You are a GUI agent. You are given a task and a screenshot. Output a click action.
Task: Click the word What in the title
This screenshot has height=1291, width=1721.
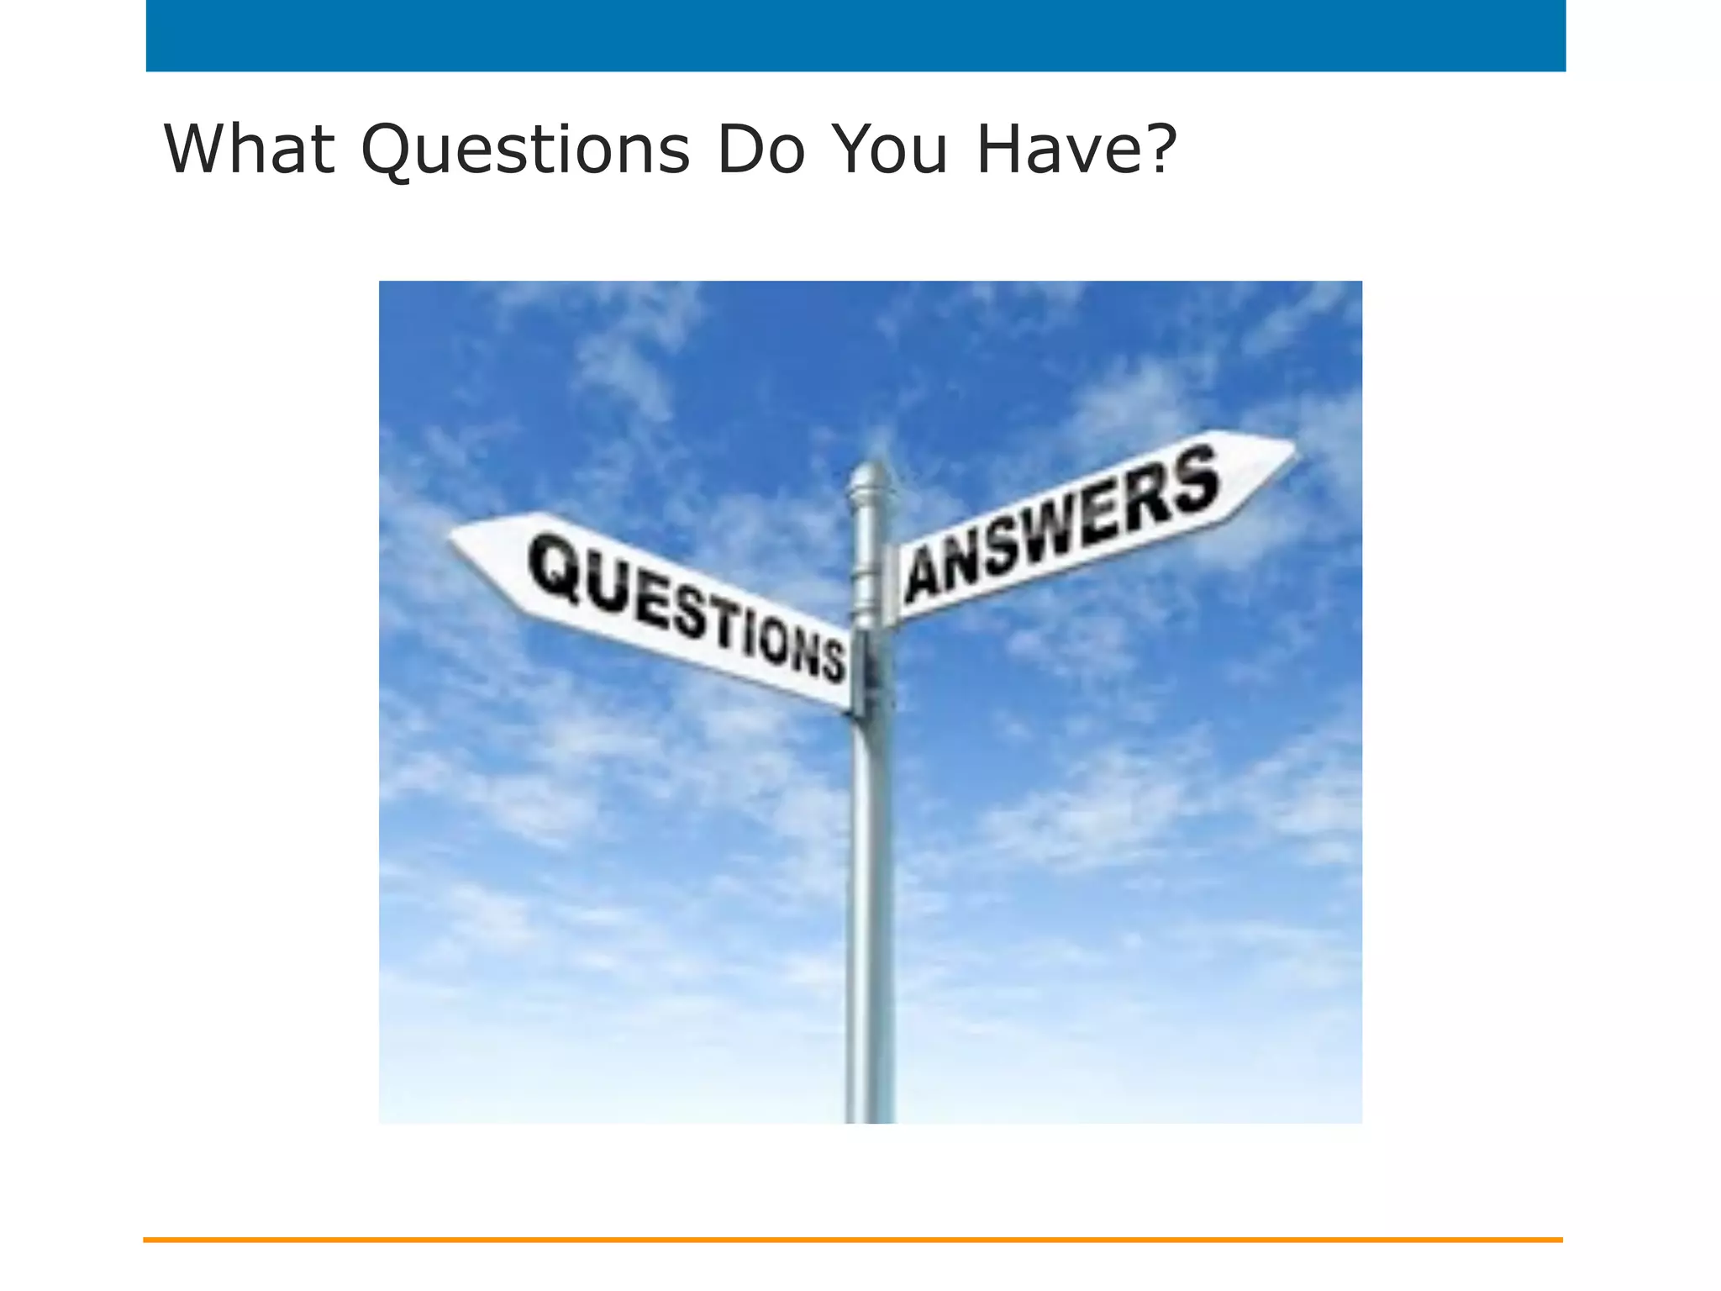(249, 149)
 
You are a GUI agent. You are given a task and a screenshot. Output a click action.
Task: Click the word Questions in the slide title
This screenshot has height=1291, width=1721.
(525, 149)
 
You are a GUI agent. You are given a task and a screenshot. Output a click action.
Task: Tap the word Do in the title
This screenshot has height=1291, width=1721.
(761, 149)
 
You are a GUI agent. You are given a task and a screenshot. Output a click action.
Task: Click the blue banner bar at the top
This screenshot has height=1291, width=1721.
(855, 35)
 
